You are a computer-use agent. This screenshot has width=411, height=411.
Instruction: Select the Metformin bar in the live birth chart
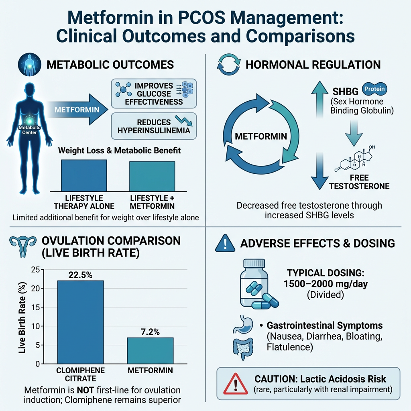[x=150, y=350]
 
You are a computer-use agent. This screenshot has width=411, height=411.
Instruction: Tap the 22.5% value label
[x=80, y=275]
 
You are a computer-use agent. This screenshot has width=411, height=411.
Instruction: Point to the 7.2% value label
[x=150, y=332]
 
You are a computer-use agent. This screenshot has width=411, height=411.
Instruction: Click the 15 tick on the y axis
[x=35, y=307]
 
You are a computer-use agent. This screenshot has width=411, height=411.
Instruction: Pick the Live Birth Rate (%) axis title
[x=23, y=317]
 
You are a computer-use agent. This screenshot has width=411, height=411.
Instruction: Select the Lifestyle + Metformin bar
[x=152, y=176]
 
